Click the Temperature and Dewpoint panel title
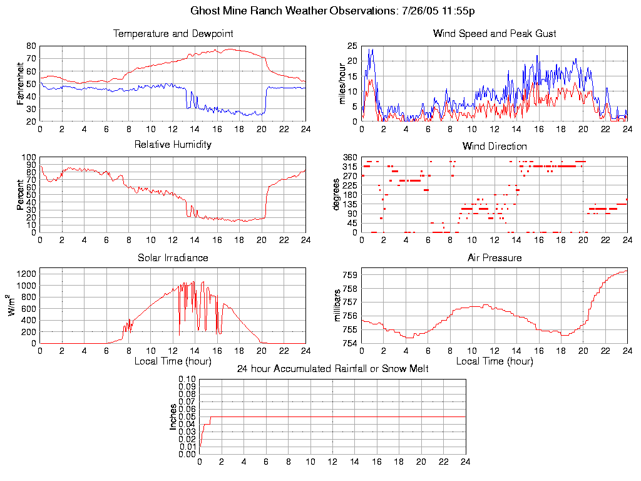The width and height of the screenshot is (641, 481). (173, 33)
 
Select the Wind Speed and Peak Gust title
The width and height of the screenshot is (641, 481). (495, 33)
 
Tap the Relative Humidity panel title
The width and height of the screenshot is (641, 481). (173, 145)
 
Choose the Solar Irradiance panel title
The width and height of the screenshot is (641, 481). (173, 257)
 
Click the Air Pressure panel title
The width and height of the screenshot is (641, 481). (495, 257)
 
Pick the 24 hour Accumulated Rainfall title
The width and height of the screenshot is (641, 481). (332, 369)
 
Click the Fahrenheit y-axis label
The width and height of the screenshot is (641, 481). (20, 83)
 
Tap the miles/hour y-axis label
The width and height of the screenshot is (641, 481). (342, 84)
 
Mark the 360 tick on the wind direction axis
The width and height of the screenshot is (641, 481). (349, 157)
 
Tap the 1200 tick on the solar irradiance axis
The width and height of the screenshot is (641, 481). (26, 274)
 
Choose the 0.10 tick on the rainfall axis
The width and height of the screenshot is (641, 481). (187, 379)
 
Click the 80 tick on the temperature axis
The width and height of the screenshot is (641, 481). (31, 46)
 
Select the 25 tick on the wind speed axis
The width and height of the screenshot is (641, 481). (352, 46)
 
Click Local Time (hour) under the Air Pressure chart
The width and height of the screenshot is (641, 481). (495, 361)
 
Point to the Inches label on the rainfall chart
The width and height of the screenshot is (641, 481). (173, 416)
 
